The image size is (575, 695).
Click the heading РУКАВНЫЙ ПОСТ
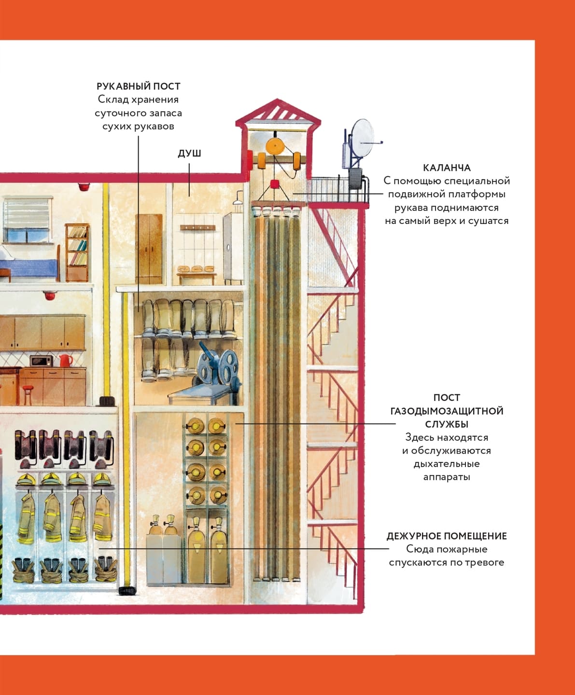click(x=138, y=86)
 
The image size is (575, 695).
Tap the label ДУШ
click(x=189, y=153)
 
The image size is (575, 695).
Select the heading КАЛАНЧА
click(x=447, y=168)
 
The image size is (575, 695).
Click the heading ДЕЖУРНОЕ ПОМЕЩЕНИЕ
click(x=447, y=536)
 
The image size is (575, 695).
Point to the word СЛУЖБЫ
click(x=447, y=424)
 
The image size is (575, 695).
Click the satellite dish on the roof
click(x=362, y=138)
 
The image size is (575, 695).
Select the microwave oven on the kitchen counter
click(x=42, y=361)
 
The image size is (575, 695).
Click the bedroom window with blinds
click(x=27, y=220)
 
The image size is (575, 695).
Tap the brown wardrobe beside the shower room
click(x=149, y=249)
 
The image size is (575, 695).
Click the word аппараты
click(x=447, y=477)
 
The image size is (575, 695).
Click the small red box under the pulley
click(x=275, y=184)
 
